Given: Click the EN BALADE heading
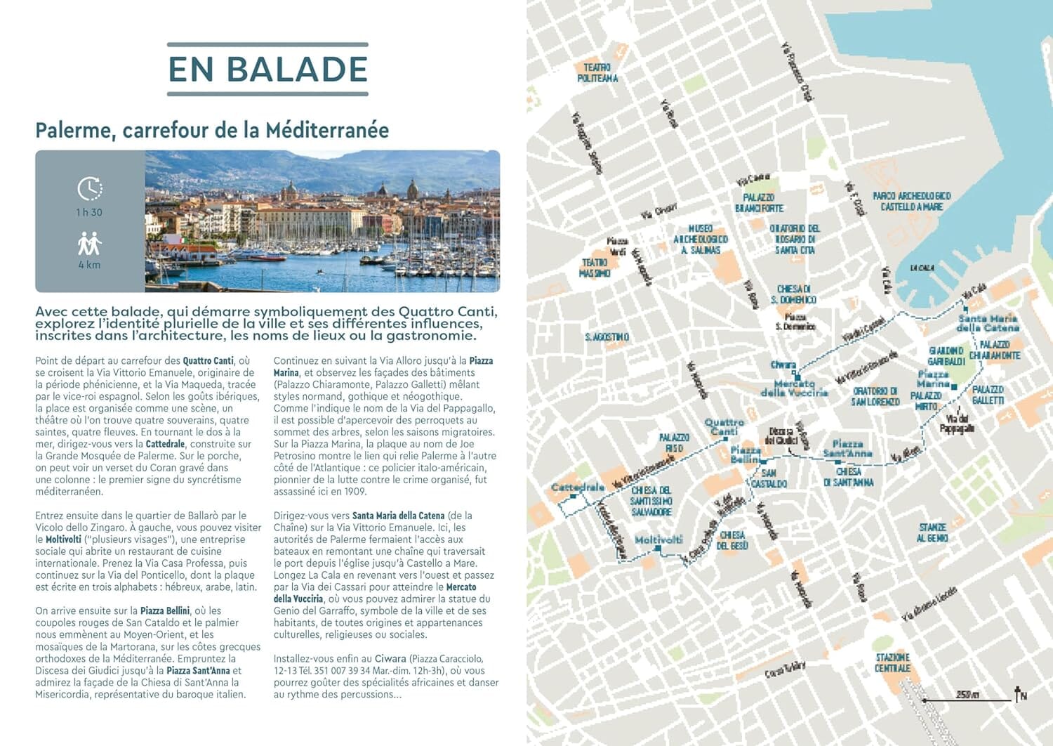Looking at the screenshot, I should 267,70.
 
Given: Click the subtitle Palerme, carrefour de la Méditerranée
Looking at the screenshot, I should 212,131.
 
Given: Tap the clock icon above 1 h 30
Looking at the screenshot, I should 90,189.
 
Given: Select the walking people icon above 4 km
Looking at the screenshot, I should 90,244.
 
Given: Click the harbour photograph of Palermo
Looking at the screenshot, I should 322,221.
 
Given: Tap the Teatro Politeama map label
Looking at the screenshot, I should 597,73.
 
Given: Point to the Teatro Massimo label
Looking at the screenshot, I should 594,268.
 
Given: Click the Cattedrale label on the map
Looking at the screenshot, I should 578,487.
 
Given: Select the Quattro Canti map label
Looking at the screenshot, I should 724,426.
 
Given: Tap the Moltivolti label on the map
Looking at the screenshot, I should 658,539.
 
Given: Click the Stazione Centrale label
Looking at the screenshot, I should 892,662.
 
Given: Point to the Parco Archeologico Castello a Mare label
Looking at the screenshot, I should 911,202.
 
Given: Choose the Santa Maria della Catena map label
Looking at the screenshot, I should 988,323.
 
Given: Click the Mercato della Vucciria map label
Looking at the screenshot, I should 794,388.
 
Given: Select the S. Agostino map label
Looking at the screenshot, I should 607,337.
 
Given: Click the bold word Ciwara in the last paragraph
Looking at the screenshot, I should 390,659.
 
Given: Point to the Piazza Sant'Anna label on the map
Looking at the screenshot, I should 847,448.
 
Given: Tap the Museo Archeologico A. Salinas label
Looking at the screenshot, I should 700,239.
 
